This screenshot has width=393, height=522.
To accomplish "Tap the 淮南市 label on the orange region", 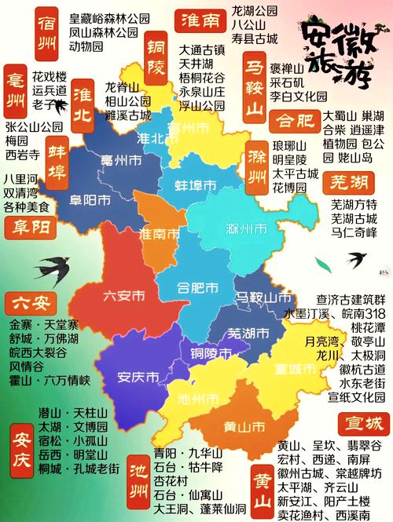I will [161, 234].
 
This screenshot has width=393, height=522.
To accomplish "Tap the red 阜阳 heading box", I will [29, 228].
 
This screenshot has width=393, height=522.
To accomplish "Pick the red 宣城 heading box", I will [362, 425].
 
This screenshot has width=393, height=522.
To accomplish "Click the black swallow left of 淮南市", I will [51, 265].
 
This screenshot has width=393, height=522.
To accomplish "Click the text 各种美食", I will [27, 208].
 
